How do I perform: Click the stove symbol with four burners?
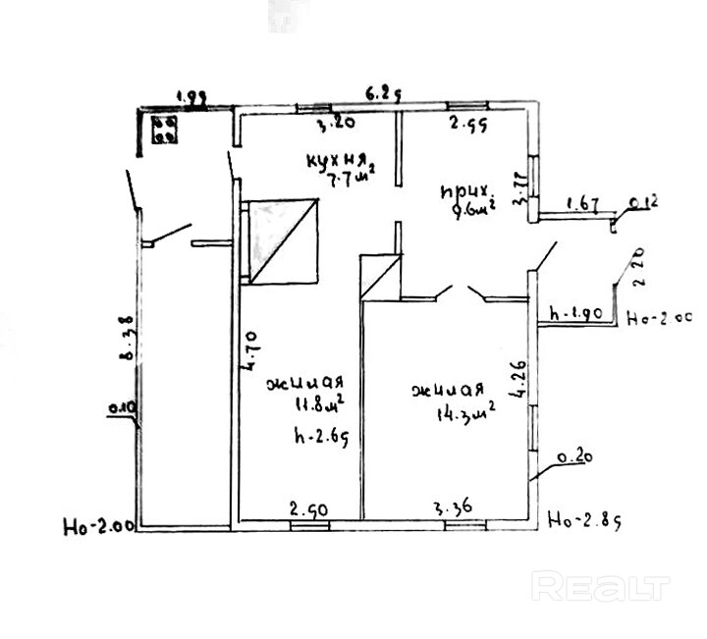[x=165, y=130]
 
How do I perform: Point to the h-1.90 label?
[x=575, y=315]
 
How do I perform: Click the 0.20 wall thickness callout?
[x=573, y=456]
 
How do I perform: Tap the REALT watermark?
[x=599, y=587]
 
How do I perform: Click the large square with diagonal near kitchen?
[x=283, y=240]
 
